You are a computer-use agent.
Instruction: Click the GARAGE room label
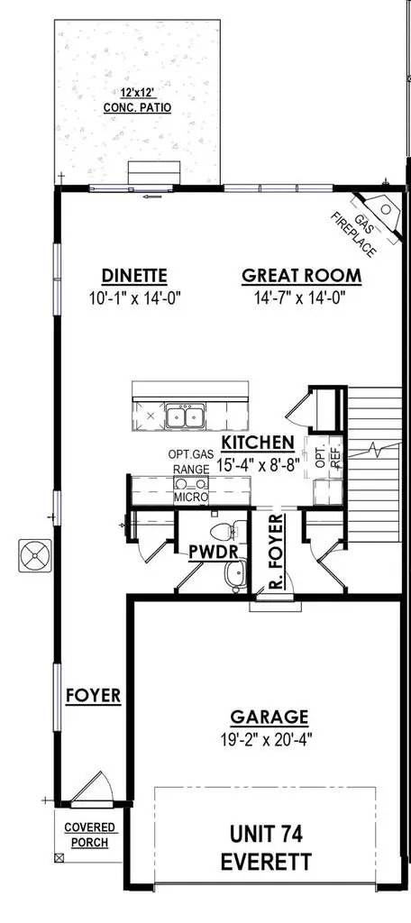coord(269,717)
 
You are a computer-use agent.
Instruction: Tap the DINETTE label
coord(135,276)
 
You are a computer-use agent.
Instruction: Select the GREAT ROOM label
coord(301,276)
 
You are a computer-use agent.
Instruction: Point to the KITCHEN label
coord(258,443)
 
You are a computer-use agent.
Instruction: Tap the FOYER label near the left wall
coord(94,696)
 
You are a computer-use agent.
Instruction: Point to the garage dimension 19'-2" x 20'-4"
coord(269,740)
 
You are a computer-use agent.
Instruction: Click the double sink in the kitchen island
coord(185,416)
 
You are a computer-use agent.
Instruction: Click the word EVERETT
coord(269,863)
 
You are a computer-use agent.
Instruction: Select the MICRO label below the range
coord(191,497)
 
